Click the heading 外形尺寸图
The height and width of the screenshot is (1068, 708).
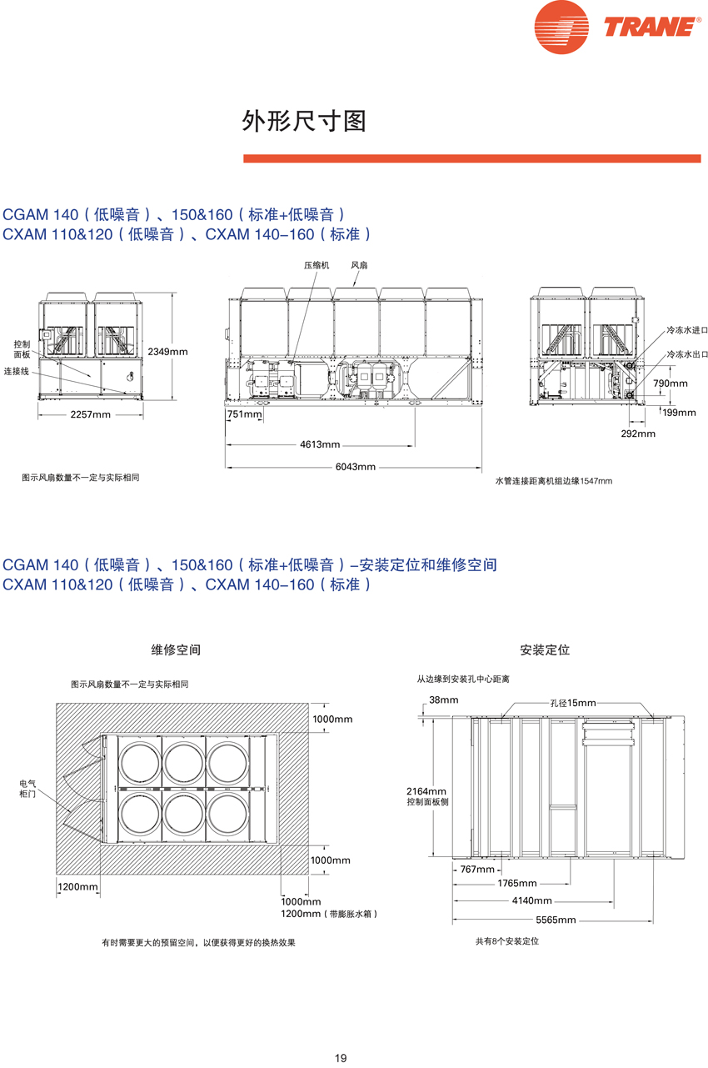click(x=304, y=122)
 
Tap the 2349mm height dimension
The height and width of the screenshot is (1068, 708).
click(x=167, y=352)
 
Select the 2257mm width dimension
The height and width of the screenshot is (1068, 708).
click(x=90, y=414)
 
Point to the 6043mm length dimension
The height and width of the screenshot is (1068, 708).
click(x=356, y=467)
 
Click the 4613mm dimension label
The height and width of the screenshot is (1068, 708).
click(x=320, y=444)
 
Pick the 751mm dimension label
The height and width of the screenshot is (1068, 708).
click(x=243, y=414)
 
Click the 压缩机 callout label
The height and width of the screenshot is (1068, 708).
click(x=317, y=265)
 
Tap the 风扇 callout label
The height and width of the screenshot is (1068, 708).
click(x=359, y=265)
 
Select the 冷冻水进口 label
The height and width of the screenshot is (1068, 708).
click(x=686, y=331)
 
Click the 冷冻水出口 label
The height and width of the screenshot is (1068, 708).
click(x=686, y=354)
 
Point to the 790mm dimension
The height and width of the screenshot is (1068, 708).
click(x=670, y=384)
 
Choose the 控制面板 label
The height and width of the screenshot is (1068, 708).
click(x=22, y=349)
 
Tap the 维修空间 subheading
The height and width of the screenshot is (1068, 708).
click(x=176, y=649)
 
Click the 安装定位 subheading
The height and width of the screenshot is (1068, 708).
click(x=545, y=649)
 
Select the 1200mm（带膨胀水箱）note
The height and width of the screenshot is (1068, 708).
click(x=329, y=914)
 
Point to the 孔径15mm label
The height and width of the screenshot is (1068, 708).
click(x=573, y=704)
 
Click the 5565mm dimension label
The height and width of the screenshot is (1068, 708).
click(x=556, y=920)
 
